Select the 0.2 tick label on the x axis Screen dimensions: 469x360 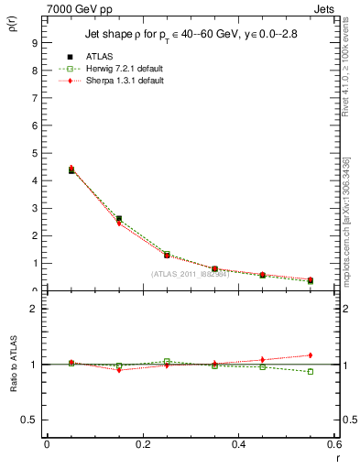click(x=142, y=444)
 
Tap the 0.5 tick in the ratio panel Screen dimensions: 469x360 click(x=30, y=420)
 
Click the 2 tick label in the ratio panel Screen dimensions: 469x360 click(x=35, y=309)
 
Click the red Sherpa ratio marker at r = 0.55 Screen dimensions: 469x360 click(x=310, y=355)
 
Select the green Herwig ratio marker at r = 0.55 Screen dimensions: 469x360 click(x=310, y=371)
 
